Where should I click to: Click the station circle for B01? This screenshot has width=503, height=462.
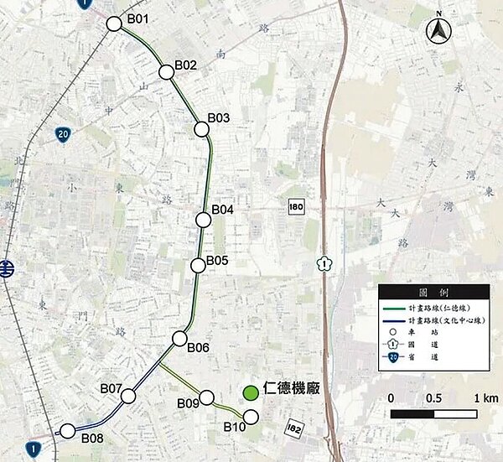(115, 24)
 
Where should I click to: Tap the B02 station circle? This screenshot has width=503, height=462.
(165, 72)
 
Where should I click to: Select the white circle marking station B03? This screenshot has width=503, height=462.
(201, 128)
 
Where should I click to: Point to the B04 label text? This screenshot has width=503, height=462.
(223, 209)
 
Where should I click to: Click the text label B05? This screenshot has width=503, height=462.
(217, 261)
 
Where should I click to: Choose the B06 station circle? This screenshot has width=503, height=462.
(179, 338)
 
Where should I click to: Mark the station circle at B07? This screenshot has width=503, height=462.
(127, 396)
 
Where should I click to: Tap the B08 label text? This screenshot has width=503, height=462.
(92, 438)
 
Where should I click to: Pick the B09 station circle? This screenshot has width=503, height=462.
(205, 397)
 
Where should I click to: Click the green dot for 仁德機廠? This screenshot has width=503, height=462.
(250, 392)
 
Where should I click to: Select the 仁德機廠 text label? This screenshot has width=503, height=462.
(292, 391)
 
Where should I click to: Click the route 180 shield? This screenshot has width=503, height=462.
(294, 206)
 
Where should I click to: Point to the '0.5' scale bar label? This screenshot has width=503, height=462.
(433, 397)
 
